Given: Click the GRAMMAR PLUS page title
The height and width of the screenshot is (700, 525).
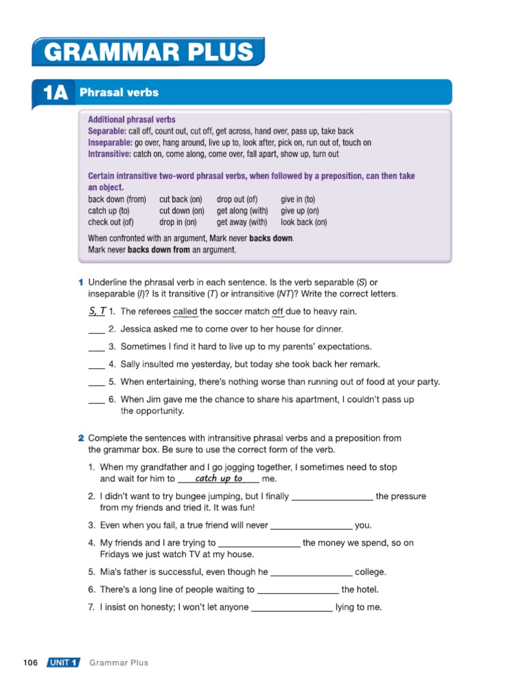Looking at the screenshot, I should pyautogui.click(x=148, y=52).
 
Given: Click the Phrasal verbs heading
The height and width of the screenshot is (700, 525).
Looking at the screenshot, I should pyautogui.click(x=119, y=92).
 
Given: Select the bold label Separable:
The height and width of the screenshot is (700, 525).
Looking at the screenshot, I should pyautogui.click(x=107, y=131).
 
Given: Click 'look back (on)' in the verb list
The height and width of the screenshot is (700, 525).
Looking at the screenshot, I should pyautogui.click(x=304, y=222).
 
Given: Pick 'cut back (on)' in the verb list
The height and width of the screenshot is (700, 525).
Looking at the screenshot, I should pyautogui.click(x=179, y=200).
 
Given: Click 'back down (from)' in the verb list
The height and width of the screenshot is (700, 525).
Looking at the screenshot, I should pyautogui.click(x=117, y=200).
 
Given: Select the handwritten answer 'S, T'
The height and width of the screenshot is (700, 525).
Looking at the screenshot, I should pyautogui.click(x=96, y=311).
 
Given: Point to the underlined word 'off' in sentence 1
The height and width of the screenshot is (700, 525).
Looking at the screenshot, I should pyautogui.click(x=278, y=312).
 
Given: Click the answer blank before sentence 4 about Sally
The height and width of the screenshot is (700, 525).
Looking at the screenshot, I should pyautogui.click(x=96, y=365).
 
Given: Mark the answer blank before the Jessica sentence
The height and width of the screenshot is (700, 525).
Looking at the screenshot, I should pyautogui.click(x=96, y=329).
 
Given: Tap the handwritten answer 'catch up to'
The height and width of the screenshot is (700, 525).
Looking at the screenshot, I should pyautogui.click(x=218, y=479).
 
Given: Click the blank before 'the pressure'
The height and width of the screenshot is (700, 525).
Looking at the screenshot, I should pyautogui.click(x=332, y=497).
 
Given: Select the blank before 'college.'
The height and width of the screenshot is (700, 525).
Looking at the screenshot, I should pyautogui.click(x=312, y=572).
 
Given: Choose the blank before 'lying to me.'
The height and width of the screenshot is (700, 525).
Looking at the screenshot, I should pyautogui.click(x=292, y=608).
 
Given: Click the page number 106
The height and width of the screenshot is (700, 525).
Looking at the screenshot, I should pyautogui.click(x=30, y=662).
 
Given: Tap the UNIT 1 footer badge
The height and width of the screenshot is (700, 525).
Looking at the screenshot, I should pyautogui.click(x=63, y=662).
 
